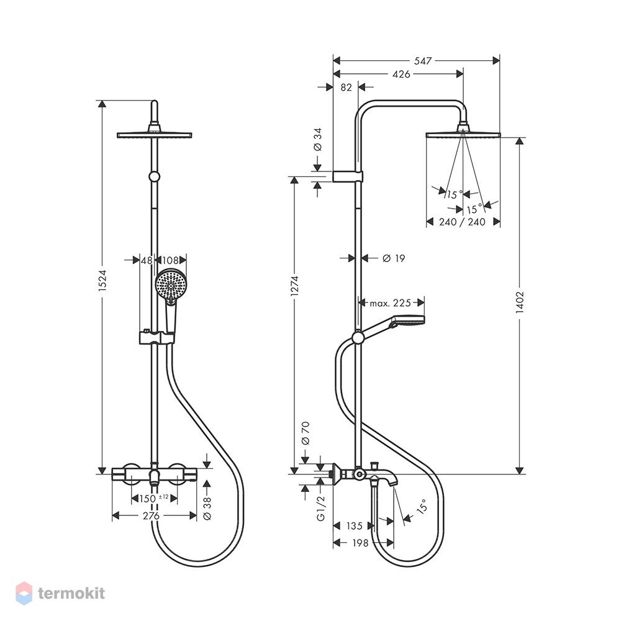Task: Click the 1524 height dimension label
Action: click(102, 281)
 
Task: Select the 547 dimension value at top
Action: click(422, 61)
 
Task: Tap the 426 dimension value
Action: click(401, 74)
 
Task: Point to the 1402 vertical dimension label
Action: click(520, 302)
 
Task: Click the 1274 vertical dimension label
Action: click(294, 286)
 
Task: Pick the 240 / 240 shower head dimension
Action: click(462, 222)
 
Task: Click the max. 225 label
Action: click(391, 303)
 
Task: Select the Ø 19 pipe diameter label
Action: click(394, 258)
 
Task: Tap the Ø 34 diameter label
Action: click(317, 139)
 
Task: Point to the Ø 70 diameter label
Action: click(305, 433)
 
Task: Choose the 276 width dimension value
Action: click(151, 515)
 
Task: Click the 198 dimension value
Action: click(360, 543)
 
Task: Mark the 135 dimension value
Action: click(355, 526)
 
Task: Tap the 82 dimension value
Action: click(346, 87)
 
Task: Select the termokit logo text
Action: click(71, 593)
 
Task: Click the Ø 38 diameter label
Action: click(207, 509)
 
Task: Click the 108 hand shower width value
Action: click(170, 260)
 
